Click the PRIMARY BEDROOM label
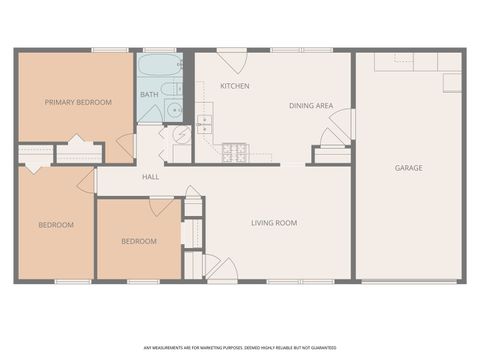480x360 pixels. coord(78,102)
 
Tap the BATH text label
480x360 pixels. coord(149,95)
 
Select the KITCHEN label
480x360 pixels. coord(235,86)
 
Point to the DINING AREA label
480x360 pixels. coord(311,105)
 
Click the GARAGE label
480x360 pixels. coord(408,168)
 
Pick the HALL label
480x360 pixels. coord(151,177)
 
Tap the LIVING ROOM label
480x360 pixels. coord(274,222)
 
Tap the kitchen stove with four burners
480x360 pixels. coord(234,152)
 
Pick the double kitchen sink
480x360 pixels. coord(204,124)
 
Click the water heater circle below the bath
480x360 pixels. coord(182,136)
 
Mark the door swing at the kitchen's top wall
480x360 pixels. coord(232,60)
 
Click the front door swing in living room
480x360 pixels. coord(222,268)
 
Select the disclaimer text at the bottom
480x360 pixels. coord(240,348)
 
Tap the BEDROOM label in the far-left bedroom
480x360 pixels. coord(56,225)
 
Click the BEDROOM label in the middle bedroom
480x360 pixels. coord(139,241)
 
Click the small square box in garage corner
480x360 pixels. coord(452,82)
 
